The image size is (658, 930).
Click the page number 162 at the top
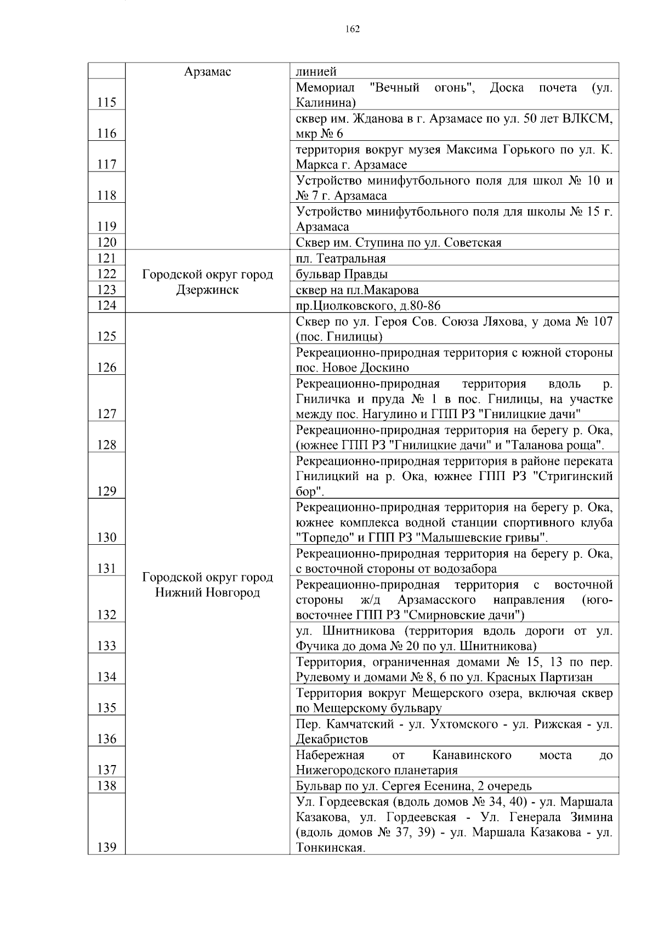(353, 29)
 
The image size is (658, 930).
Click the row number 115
(106, 102)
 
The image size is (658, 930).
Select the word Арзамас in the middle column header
(207, 71)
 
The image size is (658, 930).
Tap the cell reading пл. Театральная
(341, 259)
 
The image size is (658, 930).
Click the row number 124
(106, 306)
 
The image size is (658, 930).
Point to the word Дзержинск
(207, 290)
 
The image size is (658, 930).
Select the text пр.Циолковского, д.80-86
(368, 306)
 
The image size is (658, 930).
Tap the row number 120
(106, 243)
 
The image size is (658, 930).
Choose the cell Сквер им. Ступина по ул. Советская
(398, 243)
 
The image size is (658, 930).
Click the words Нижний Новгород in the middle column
(207, 593)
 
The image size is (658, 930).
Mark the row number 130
(106, 538)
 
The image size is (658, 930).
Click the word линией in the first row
(316, 71)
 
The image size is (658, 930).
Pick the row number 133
(106, 646)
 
